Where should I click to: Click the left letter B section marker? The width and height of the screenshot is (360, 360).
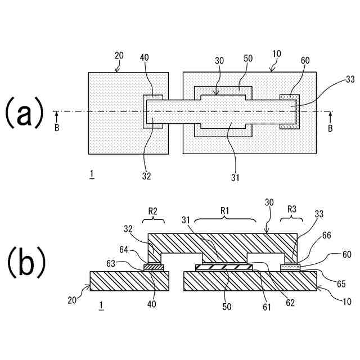(x=56, y=129)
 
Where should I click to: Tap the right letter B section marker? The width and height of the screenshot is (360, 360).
(x=330, y=129)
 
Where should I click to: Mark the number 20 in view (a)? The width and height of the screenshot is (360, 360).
(x=119, y=55)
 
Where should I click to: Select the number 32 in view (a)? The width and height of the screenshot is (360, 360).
(x=146, y=177)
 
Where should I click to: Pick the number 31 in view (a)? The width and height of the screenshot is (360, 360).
(x=235, y=178)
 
